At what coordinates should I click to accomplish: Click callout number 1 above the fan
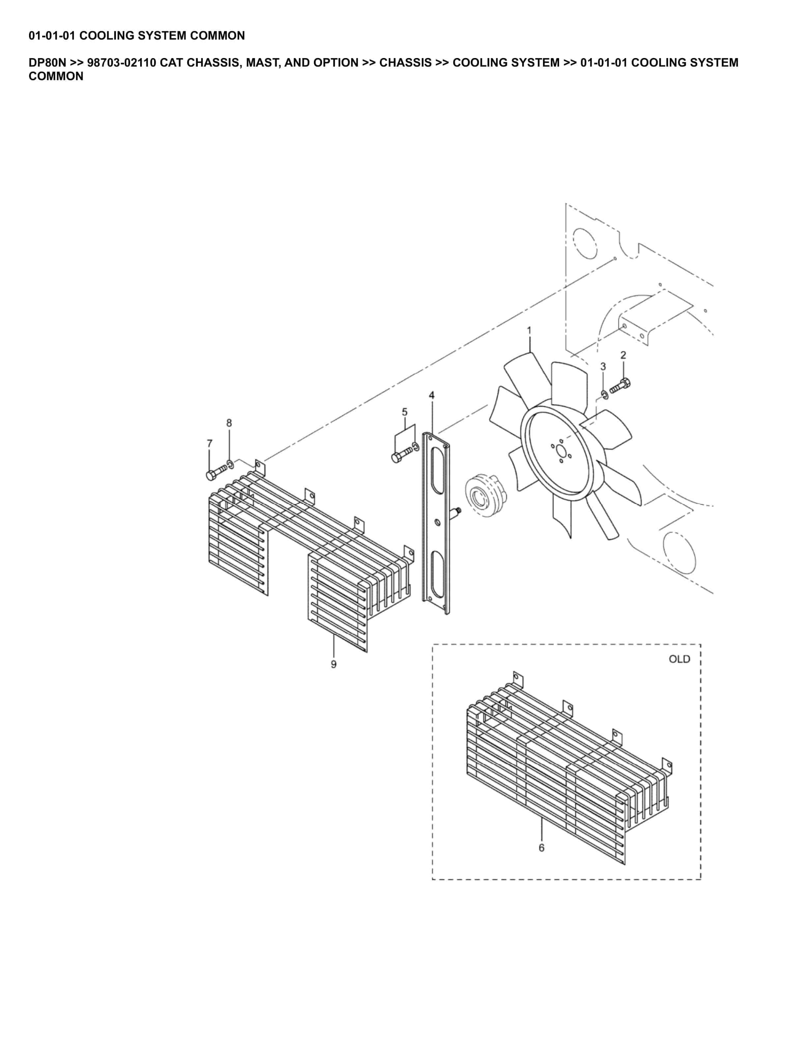coord(529,330)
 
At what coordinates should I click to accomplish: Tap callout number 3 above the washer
coord(603,366)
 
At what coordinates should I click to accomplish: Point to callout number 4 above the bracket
coord(432,395)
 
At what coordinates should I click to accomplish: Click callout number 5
coord(404,412)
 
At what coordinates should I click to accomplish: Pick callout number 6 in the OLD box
coord(541,847)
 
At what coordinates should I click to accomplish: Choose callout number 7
coord(209,444)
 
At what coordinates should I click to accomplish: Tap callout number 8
coord(229,423)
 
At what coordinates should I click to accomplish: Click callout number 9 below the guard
coord(333,664)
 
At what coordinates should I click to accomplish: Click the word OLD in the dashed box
coord(679,659)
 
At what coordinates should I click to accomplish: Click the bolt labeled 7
coord(215,473)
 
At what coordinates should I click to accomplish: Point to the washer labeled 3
coord(604,395)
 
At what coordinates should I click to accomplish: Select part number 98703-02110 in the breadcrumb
coord(121,63)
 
